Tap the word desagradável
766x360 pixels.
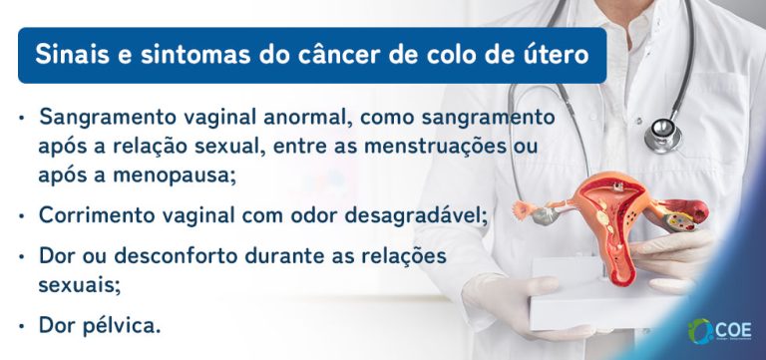click(x=407, y=214)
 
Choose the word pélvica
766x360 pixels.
click(x=121, y=325)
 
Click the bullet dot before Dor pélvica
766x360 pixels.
click(x=22, y=325)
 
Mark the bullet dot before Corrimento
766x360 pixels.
click(x=22, y=214)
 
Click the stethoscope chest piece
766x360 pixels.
click(x=662, y=131)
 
